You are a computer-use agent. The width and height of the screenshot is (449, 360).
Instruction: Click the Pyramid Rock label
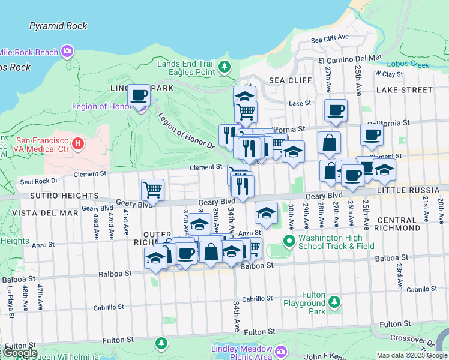(x=58, y=26)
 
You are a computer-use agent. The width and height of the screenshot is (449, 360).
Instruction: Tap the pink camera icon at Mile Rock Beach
(x=67, y=52)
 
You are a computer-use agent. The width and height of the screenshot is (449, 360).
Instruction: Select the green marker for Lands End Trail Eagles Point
(x=224, y=67)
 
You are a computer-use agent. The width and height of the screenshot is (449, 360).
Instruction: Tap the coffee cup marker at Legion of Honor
(x=139, y=95)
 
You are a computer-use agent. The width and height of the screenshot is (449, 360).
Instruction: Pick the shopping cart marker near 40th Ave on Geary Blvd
(x=153, y=190)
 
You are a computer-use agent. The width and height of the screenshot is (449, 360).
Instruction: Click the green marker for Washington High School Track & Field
(x=289, y=241)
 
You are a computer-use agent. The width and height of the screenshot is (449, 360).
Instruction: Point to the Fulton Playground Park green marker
(x=335, y=302)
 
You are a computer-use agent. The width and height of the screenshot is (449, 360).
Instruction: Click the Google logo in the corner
(x=19, y=353)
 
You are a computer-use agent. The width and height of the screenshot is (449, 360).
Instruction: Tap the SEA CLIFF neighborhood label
(x=290, y=80)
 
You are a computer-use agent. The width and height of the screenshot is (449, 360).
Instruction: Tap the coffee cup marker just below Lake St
(x=336, y=110)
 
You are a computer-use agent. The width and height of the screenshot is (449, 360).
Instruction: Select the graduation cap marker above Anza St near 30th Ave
(x=266, y=212)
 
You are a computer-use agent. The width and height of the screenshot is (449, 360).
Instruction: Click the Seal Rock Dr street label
(x=38, y=181)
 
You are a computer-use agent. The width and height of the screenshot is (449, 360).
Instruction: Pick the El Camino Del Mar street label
(x=350, y=59)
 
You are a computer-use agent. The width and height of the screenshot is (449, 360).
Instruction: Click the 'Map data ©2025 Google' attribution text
(x=412, y=355)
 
